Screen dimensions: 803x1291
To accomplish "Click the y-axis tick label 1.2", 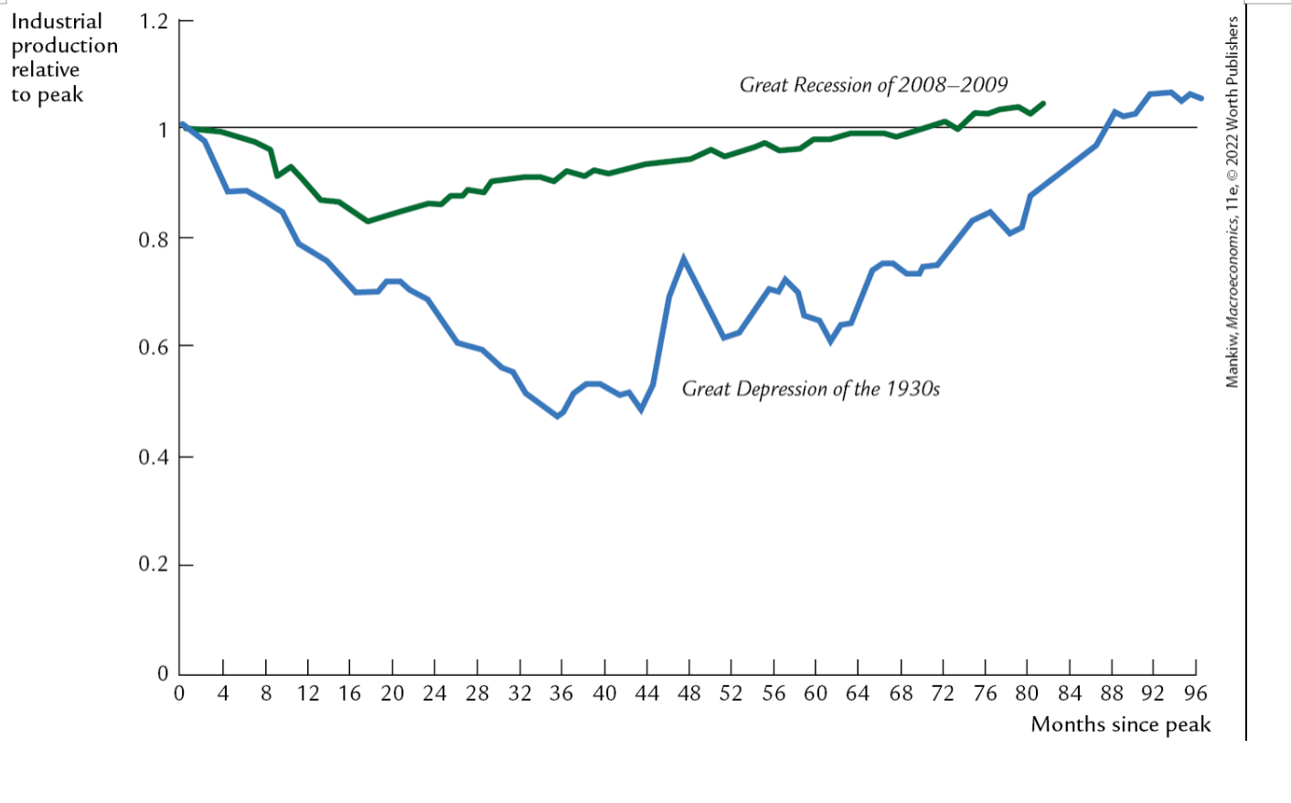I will [x=153, y=21].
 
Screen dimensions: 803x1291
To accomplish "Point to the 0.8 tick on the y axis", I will [x=153, y=240].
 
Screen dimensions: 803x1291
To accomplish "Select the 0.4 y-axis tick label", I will [x=153, y=456].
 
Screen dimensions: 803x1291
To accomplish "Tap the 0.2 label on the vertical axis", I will [x=153, y=564].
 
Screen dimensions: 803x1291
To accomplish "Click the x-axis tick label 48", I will [x=688, y=693].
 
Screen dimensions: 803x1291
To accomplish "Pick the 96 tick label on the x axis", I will [x=1195, y=693].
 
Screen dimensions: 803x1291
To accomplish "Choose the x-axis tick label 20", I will [x=392, y=693].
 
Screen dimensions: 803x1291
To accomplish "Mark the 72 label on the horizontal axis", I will [x=943, y=693].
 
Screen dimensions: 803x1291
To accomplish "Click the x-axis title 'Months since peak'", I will [x=1120, y=724].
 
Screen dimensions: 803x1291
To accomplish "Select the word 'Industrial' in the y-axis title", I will [x=56, y=21].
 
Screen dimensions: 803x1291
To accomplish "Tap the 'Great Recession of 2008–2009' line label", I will [x=873, y=85].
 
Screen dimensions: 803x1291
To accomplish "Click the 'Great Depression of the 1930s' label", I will [x=810, y=389].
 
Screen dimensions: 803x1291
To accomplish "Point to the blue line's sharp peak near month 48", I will [x=684, y=259].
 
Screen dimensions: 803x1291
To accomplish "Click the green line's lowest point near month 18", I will [x=368, y=221].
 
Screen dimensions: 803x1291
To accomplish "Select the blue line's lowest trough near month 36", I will [x=558, y=416].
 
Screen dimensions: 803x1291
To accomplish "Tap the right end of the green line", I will [x=1043, y=103].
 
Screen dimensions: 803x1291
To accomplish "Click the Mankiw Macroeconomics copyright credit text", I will [x=1232, y=201].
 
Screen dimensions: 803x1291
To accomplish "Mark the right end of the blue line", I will [x=1201, y=98].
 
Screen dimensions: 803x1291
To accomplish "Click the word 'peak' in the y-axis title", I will [x=61, y=95].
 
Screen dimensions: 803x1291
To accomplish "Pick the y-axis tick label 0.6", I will [x=153, y=348].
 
